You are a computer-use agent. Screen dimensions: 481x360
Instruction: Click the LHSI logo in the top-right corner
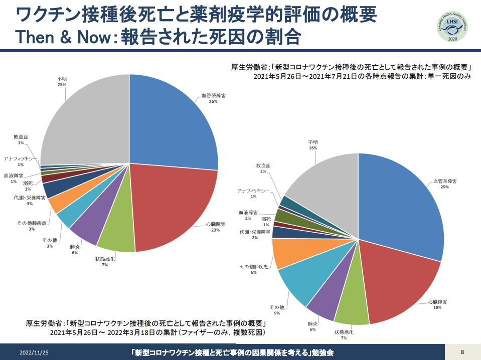coord(452,27)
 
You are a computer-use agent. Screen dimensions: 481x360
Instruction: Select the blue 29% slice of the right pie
coord(402,203)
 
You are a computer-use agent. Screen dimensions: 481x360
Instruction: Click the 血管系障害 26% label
coord(214,98)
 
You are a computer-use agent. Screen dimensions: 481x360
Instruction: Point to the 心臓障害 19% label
coord(437,304)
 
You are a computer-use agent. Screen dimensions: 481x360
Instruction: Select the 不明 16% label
coord(313,145)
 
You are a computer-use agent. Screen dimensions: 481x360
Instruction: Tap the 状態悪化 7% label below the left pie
coord(105,262)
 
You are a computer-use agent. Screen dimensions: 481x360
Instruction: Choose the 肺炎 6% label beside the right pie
coord(312,326)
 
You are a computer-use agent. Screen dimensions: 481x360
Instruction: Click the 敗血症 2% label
coord(263,168)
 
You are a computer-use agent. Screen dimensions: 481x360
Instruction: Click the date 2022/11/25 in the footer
coord(34,352)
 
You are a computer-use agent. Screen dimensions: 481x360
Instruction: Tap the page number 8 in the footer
coord(462,352)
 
